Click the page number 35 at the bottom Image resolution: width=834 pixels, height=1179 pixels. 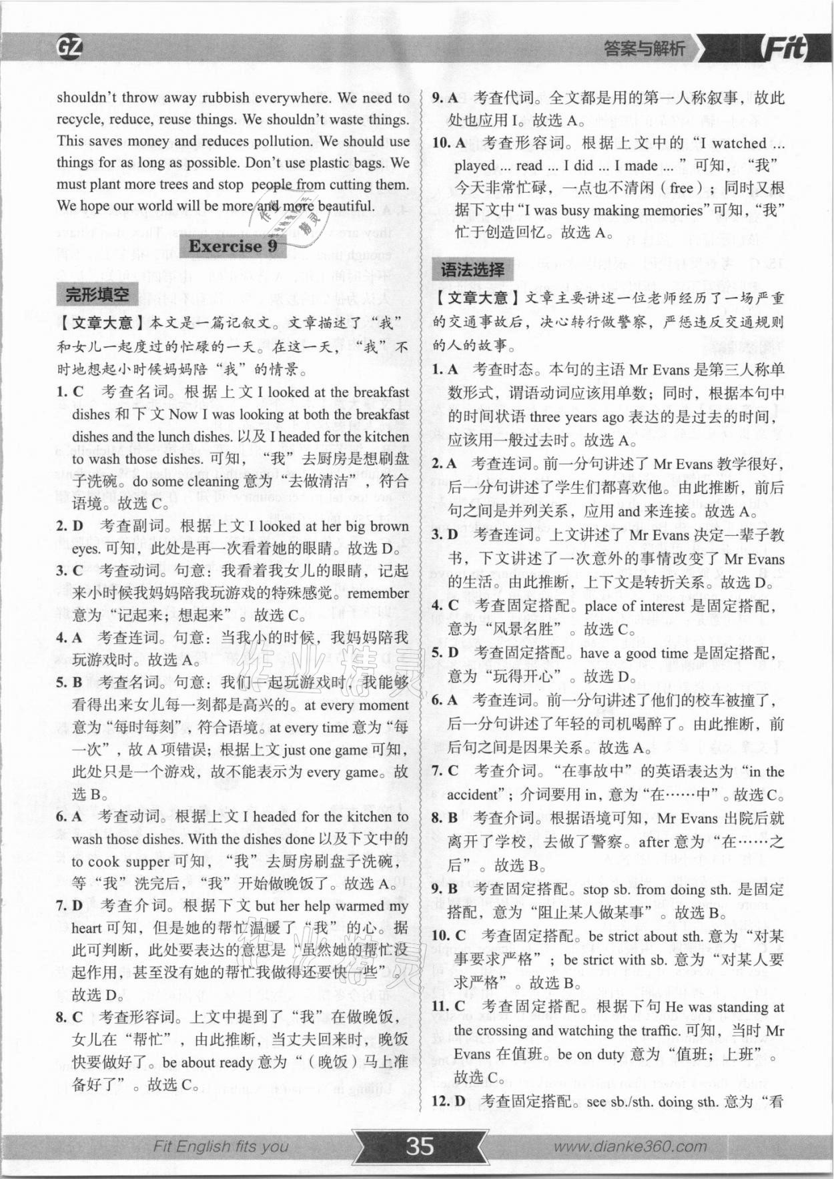click(x=420, y=1146)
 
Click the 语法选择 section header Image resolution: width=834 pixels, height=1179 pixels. click(x=472, y=270)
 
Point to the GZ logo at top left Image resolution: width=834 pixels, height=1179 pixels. click(x=69, y=47)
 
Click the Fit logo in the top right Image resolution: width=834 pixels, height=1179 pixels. click(x=784, y=48)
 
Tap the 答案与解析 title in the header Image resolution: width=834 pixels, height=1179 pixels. click(x=644, y=49)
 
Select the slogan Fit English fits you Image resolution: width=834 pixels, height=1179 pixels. click(x=221, y=1146)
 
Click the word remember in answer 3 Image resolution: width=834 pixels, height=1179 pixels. click(x=378, y=593)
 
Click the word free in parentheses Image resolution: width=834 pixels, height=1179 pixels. click(x=681, y=188)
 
